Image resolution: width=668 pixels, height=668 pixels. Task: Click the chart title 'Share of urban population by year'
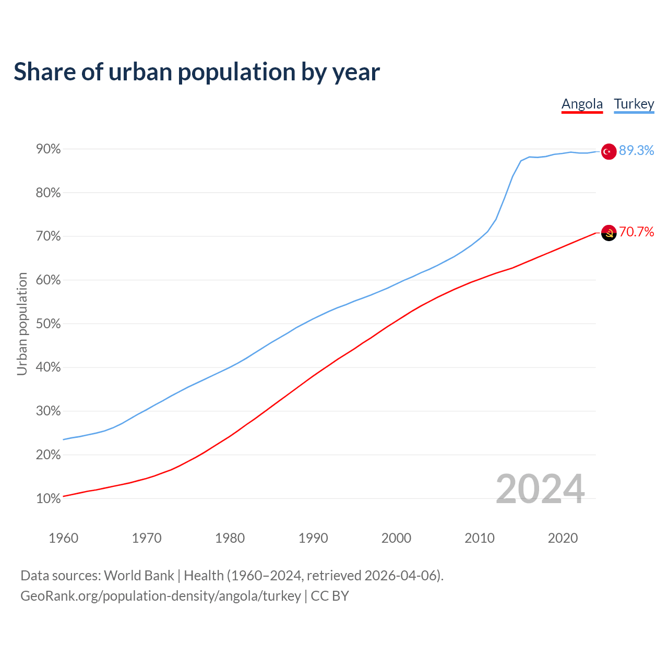click(197, 72)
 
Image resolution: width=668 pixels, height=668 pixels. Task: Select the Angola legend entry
click(582, 104)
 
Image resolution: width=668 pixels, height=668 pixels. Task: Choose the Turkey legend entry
click(634, 104)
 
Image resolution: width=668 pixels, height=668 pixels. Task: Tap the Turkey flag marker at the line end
click(609, 151)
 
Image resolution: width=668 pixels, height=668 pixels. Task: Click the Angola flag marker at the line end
click(609, 233)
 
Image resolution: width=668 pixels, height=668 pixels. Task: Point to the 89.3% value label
click(636, 151)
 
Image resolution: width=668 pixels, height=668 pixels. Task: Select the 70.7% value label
click(636, 232)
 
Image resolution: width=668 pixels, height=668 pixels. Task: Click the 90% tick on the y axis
click(49, 149)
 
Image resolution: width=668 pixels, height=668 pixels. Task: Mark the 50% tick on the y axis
click(49, 324)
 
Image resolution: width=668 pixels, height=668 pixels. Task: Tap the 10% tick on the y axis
click(49, 499)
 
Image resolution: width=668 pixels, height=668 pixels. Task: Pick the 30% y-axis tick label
click(49, 411)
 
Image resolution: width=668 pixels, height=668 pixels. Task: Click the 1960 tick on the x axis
click(63, 538)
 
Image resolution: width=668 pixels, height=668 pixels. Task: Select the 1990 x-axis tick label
click(313, 538)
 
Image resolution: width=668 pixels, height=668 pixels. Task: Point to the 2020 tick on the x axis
click(563, 538)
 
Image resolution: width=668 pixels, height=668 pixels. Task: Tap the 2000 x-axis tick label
click(396, 538)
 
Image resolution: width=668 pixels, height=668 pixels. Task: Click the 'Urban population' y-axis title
click(22, 324)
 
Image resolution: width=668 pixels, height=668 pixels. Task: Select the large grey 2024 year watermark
click(540, 489)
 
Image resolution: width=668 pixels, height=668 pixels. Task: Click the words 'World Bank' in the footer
click(139, 576)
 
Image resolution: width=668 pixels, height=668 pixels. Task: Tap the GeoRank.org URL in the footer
click(161, 596)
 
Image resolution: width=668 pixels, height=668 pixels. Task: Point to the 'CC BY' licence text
click(330, 596)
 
